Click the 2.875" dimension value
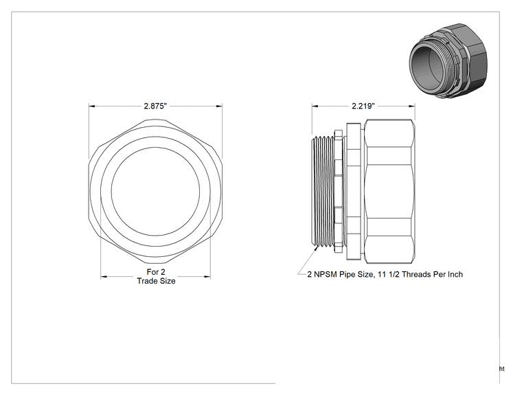point(155,106)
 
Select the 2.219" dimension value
point(363,106)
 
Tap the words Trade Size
point(156,281)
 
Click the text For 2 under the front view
point(156,272)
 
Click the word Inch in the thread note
point(455,274)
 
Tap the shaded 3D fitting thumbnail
point(448,60)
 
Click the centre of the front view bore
point(155,191)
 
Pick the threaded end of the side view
point(322,191)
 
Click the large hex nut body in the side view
point(389,191)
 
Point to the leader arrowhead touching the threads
point(316,249)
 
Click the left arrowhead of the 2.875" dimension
point(91,106)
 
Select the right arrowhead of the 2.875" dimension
point(219,106)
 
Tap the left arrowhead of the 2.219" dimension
point(315,106)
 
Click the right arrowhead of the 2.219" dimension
point(412,106)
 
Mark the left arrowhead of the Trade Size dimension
point(104,277)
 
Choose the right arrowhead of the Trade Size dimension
point(207,277)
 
